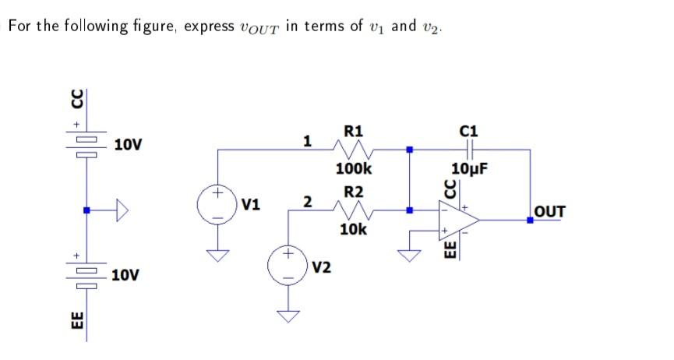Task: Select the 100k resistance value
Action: click(x=354, y=168)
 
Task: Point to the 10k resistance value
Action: click(x=353, y=229)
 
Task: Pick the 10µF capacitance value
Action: click(x=470, y=168)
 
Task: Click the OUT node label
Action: click(x=550, y=211)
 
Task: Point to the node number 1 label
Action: click(x=308, y=141)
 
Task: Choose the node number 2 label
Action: click(x=308, y=203)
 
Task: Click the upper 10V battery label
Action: click(x=128, y=145)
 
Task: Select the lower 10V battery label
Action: click(x=126, y=275)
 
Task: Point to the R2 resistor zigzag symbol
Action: click(x=353, y=210)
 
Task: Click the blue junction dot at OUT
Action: click(x=531, y=221)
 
